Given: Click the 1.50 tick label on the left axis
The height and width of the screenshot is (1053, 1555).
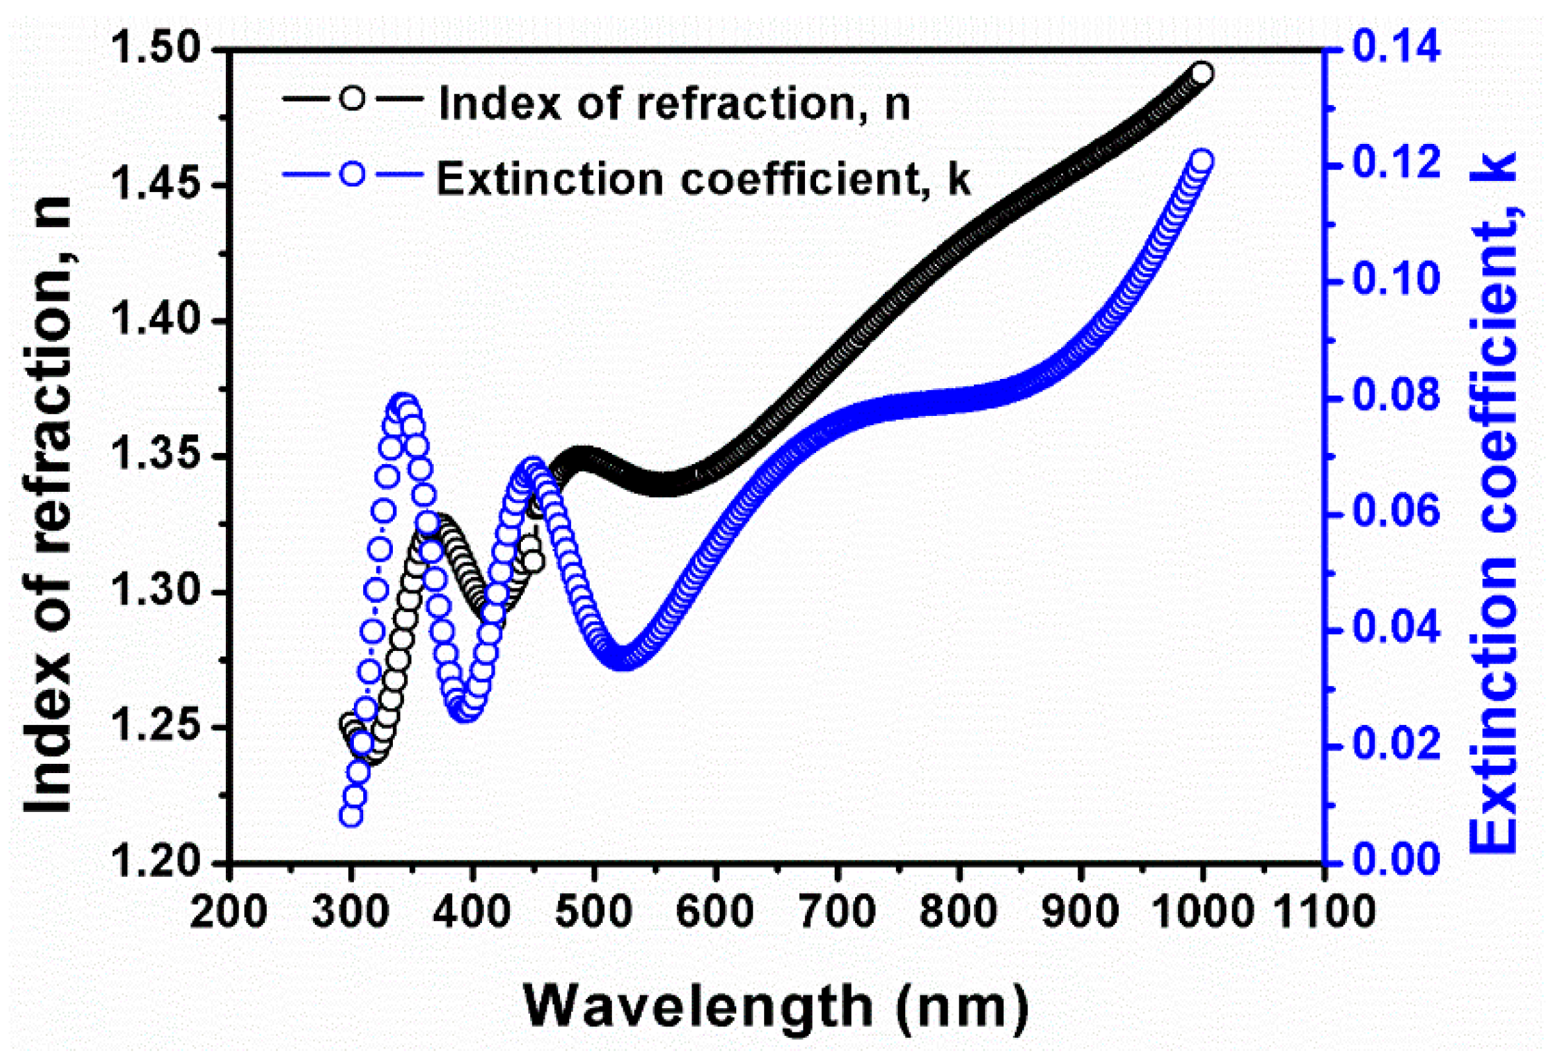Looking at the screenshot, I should [155, 50].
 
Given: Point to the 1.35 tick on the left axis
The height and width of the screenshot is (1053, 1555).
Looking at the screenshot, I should [155, 457].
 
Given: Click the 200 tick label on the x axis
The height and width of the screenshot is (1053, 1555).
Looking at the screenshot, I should [229, 911].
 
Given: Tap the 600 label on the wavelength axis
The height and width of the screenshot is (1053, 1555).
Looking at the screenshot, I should [715, 911].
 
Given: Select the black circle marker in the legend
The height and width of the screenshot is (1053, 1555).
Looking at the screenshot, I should [353, 98].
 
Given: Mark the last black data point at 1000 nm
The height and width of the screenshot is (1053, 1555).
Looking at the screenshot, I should [1202, 73].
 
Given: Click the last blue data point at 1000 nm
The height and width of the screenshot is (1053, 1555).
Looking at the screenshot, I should [1202, 162].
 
